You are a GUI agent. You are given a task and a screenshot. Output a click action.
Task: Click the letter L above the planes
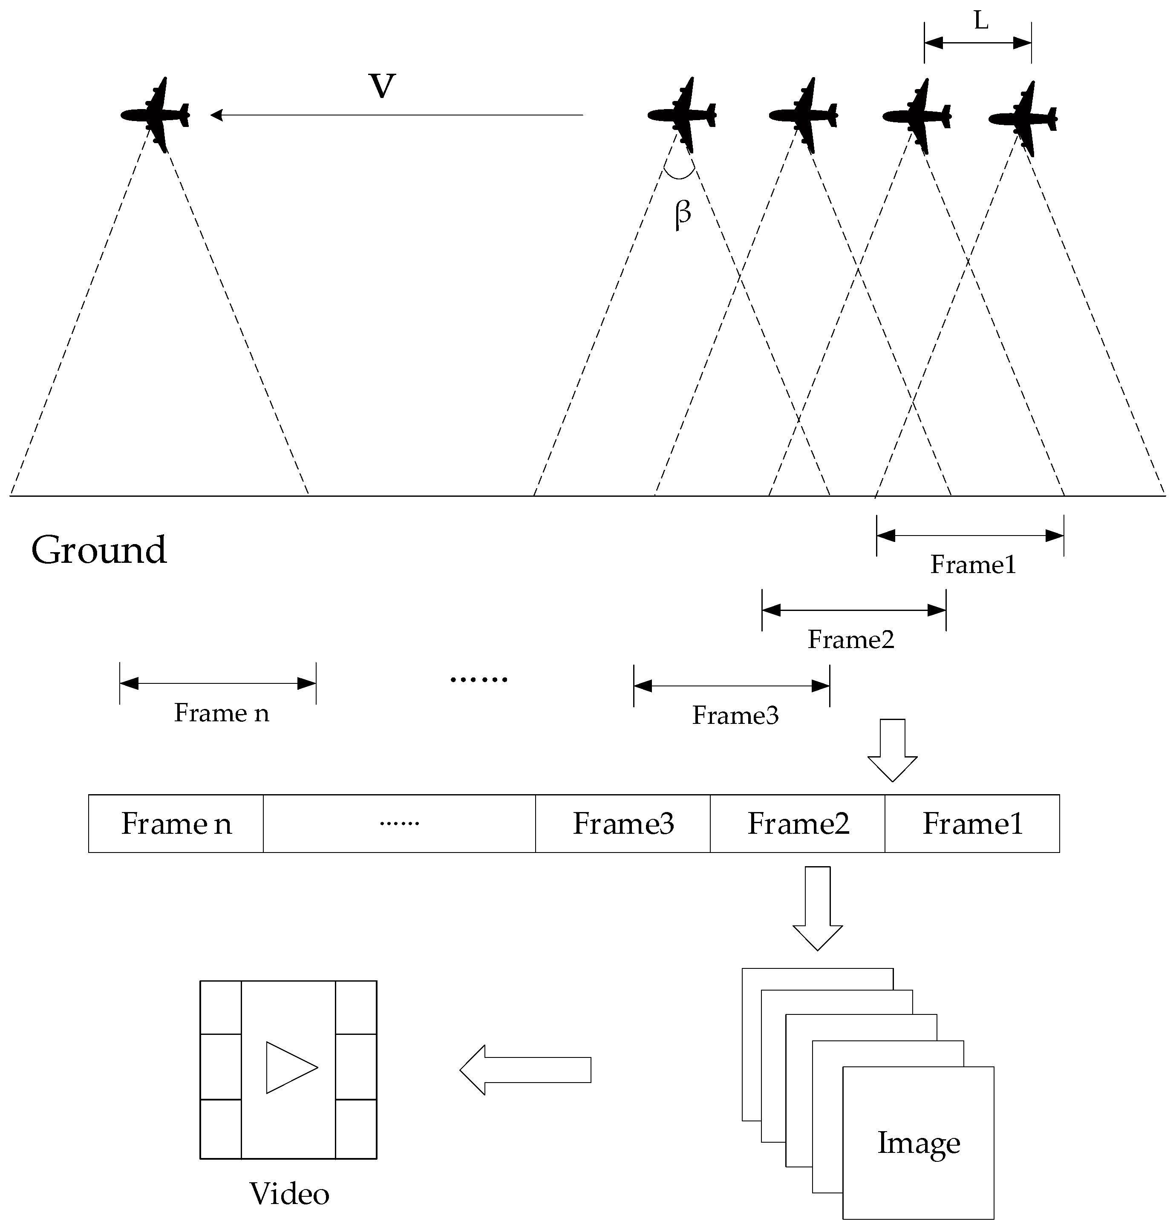[981, 21]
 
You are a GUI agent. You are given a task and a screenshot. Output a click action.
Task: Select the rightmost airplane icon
[1023, 118]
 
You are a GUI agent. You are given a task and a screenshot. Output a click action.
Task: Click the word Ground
[99, 550]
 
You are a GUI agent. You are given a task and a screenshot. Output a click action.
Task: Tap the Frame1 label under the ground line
[972, 565]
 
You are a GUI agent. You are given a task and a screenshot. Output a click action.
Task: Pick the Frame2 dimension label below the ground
[850, 639]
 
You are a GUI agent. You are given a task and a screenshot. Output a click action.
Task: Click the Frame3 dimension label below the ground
[735, 715]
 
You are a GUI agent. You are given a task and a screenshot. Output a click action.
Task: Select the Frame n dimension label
[221, 713]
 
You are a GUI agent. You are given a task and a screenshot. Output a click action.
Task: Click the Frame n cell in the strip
[176, 824]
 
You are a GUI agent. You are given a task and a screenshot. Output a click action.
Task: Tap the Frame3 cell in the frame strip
[623, 824]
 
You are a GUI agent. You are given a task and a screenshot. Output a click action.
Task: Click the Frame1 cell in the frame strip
[972, 824]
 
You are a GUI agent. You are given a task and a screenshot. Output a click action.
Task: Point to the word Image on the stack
[918, 1142]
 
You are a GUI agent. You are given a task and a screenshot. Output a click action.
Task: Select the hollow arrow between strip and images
[817, 908]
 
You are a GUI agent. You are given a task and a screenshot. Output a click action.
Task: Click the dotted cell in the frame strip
[399, 824]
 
